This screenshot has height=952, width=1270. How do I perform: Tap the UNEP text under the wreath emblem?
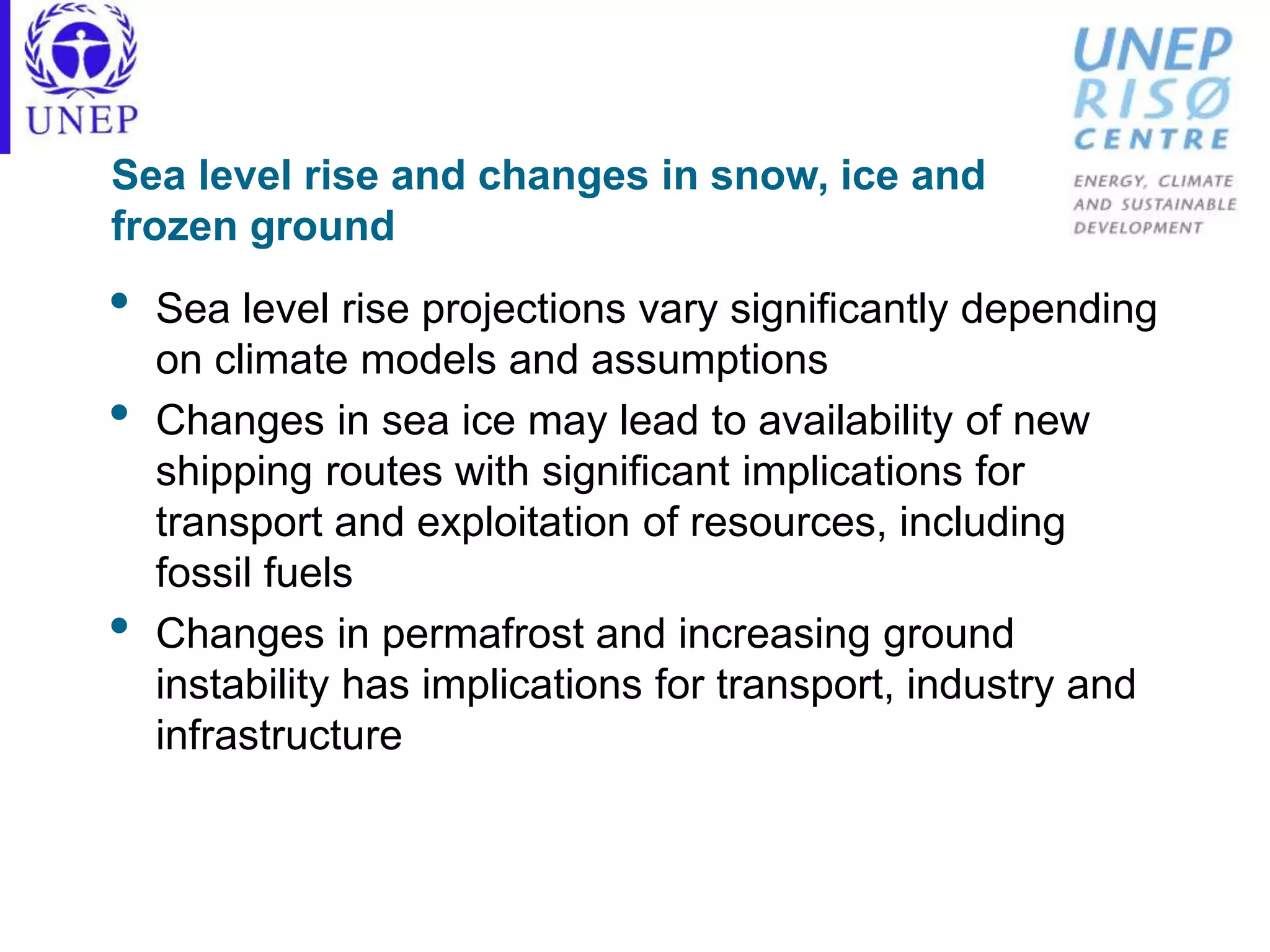coord(82,120)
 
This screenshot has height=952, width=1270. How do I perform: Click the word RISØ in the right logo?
coord(1152,99)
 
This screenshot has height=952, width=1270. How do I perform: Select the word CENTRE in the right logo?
coord(1152,139)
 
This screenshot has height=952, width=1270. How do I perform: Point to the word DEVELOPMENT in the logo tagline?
coord(1138,228)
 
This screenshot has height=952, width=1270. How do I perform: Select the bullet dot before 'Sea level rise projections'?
coord(119,301)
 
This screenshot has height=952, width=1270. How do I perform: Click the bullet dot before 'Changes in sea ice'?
coord(119,413)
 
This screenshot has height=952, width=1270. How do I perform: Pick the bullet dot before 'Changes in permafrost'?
coord(119,626)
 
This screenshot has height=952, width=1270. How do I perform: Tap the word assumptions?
coord(709,360)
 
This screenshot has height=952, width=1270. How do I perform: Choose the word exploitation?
coord(523,522)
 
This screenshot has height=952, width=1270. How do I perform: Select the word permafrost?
coord(483,634)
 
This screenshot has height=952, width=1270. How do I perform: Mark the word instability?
coord(242,685)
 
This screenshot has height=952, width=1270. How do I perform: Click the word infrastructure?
coord(279,736)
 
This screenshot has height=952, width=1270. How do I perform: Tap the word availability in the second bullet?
coord(855,421)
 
